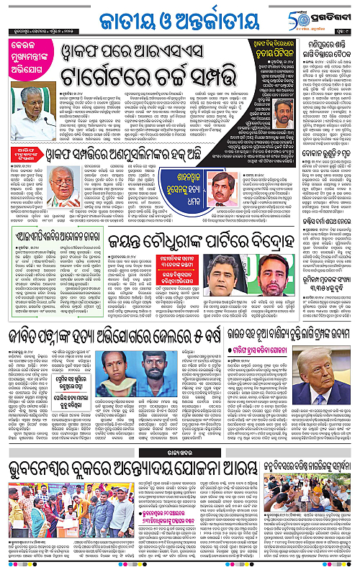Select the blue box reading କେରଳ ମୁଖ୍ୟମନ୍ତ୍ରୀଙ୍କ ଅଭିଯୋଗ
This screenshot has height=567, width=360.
pos(32,71)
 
